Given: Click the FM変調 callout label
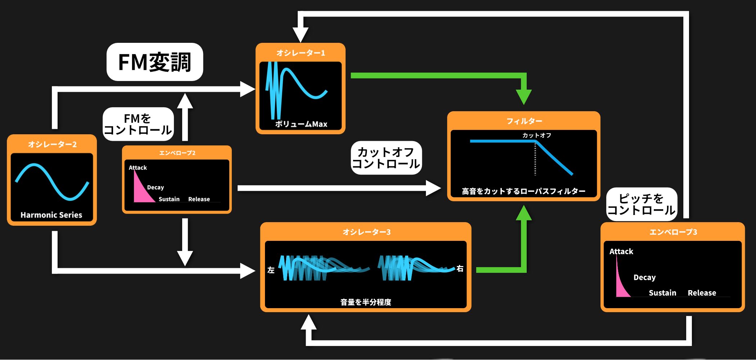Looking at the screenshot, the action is [x=155, y=62].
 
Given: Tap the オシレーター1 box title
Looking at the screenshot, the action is [x=301, y=53].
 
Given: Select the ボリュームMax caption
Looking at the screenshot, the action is [x=301, y=124].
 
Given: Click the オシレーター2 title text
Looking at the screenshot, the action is [x=52, y=144].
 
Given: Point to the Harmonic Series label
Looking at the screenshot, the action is [x=51, y=215].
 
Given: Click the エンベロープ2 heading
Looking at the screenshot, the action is [x=177, y=153].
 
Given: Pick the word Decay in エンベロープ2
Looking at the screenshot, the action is [x=156, y=188].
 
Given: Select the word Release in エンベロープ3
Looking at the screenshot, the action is [x=702, y=293].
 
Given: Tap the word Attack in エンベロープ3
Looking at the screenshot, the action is [x=621, y=251].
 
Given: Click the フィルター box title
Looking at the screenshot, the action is [x=524, y=121].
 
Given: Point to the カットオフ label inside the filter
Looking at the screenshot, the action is [x=537, y=135].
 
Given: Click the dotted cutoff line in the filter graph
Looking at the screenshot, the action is [x=535, y=158].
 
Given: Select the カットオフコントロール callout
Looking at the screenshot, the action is [x=386, y=158].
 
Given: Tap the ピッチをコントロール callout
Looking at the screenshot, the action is [x=642, y=204].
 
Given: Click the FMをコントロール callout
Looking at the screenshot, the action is [x=138, y=124].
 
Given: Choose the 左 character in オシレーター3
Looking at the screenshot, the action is [x=271, y=270].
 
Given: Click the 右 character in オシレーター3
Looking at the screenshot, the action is [x=460, y=269].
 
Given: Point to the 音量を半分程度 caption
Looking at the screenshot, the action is [x=366, y=302].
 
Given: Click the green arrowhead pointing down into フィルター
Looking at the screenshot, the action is [x=524, y=97].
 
